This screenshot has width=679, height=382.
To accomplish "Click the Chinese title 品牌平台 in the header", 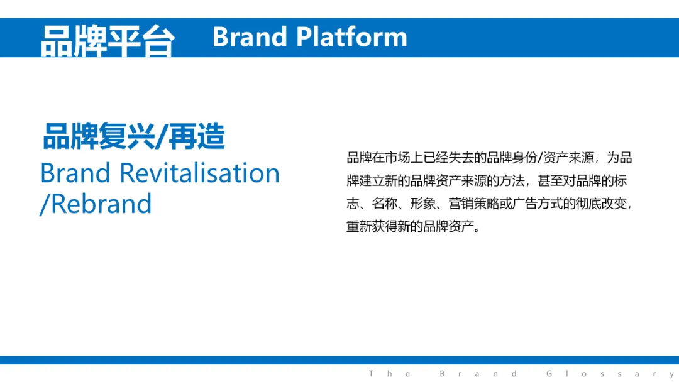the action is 108,41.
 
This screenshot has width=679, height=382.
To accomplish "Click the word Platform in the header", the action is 351,37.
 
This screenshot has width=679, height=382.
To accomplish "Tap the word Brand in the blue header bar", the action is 250,37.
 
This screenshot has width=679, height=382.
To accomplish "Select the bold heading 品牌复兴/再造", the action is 134,136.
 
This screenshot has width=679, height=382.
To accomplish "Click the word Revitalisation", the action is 200,173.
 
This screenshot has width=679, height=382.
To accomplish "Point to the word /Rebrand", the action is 96,204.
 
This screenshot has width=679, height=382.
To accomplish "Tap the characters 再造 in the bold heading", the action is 197,136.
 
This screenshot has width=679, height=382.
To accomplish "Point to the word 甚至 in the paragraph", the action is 550,180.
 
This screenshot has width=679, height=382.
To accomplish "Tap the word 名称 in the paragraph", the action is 385,204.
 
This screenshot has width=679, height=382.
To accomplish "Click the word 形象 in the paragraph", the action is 422,204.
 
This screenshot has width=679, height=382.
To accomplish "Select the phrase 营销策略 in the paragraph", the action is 474,204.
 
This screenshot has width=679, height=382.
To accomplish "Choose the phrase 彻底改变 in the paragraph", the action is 601,204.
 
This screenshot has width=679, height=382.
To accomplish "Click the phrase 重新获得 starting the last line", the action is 372,226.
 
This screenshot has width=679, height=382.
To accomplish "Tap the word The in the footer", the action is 390,373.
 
